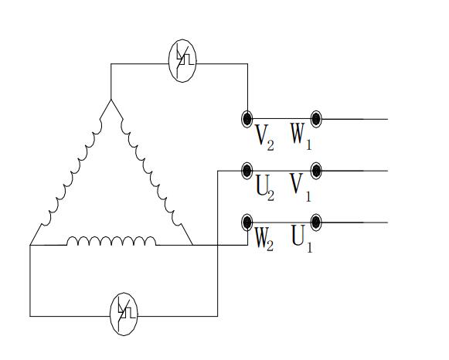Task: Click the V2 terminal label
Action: tap(264, 138)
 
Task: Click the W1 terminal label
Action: tap(301, 137)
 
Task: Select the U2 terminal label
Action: tap(265, 188)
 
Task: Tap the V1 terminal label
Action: tap(301, 188)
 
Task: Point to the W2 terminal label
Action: tap(264, 239)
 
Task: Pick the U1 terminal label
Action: tap(302, 239)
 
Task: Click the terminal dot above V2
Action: tap(247, 118)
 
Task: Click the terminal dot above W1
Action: tap(316, 119)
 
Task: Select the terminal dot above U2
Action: tap(247, 171)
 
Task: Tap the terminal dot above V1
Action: tap(316, 171)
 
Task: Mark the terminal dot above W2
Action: tap(247, 222)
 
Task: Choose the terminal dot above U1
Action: tap(316, 222)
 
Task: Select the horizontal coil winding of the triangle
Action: tap(111, 241)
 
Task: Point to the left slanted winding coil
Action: tap(71, 172)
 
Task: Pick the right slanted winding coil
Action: tap(151, 172)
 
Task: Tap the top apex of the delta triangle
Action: tap(111, 100)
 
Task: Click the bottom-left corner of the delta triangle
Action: tap(30, 245)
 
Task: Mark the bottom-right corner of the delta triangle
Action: tap(192, 245)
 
